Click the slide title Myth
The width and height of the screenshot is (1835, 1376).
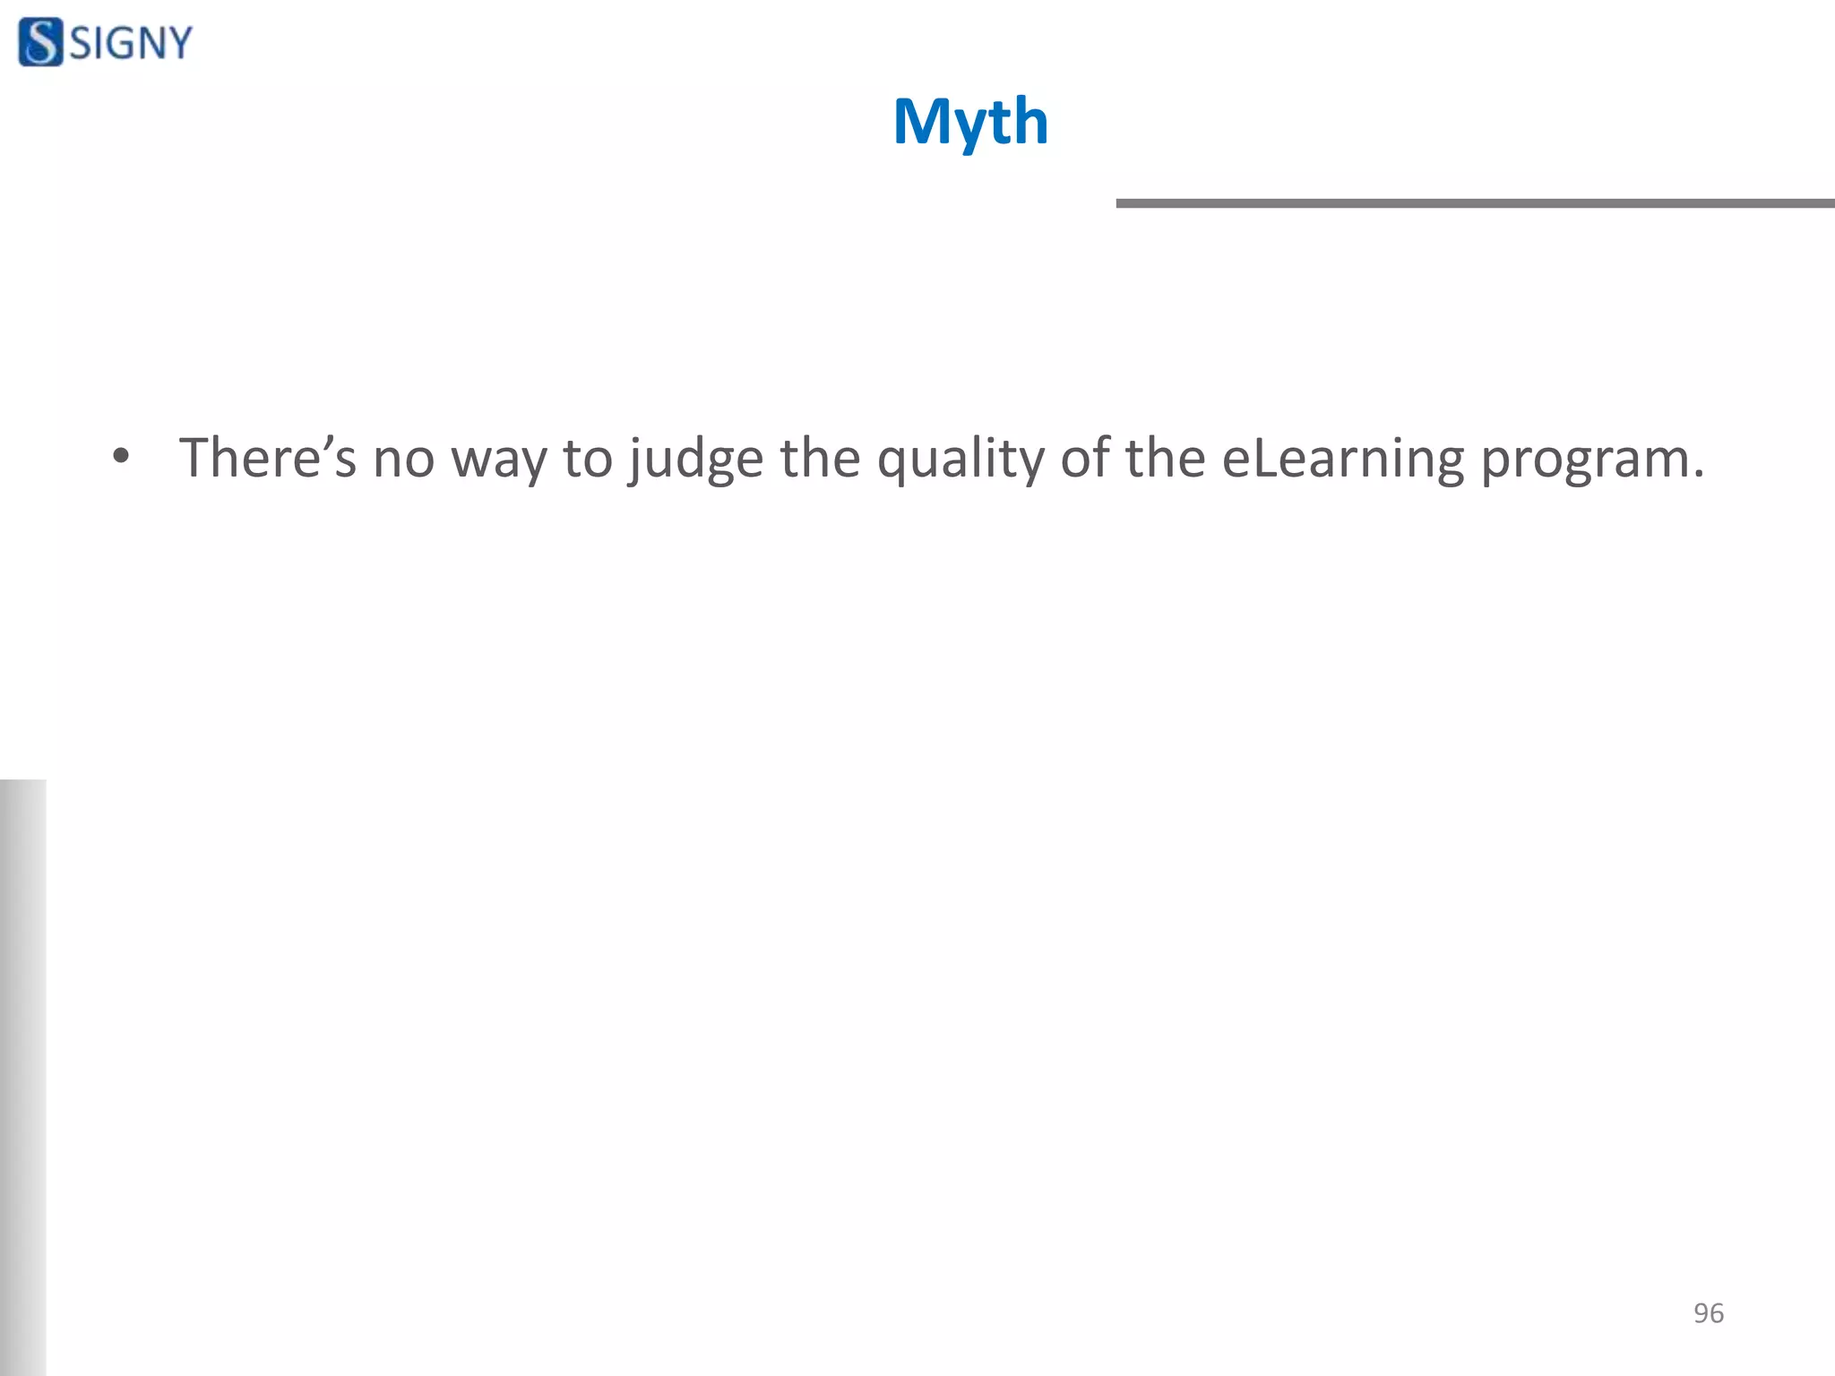click(x=970, y=122)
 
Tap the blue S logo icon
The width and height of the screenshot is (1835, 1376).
click(x=40, y=42)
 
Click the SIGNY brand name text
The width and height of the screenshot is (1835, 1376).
click(x=131, y=43)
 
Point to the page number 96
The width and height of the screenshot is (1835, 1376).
click(x=1708, y=1312)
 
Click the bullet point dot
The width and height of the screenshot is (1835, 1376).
click(x=121, y=458)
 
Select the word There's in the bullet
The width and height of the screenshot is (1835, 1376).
click(x=267, y=458)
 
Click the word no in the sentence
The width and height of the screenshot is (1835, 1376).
click(x=403, y=460)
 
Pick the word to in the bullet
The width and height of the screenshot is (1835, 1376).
click(x=587, y=459)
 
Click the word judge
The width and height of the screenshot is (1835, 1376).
click(x=696, y=460)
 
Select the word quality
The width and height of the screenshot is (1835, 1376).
click(x=961, y=460)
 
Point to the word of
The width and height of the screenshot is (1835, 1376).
click(x=1084, y=458)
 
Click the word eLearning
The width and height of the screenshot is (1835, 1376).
click(x=1342, y=460)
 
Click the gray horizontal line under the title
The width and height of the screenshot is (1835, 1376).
click(x=1474, y=203)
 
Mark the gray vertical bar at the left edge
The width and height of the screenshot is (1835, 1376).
click(x=22, y=1075)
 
